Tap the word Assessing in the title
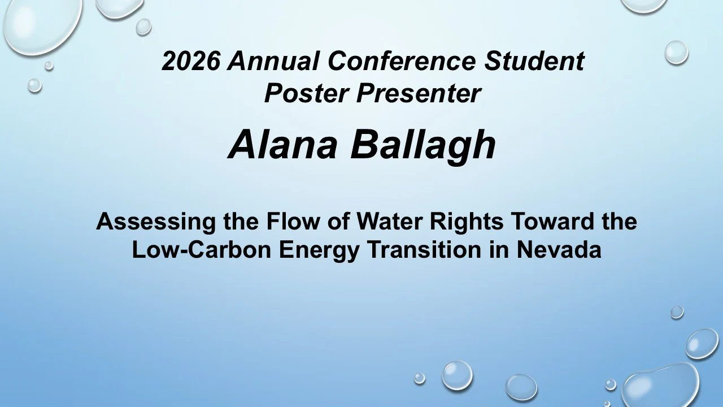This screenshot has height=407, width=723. click(151, 221)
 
